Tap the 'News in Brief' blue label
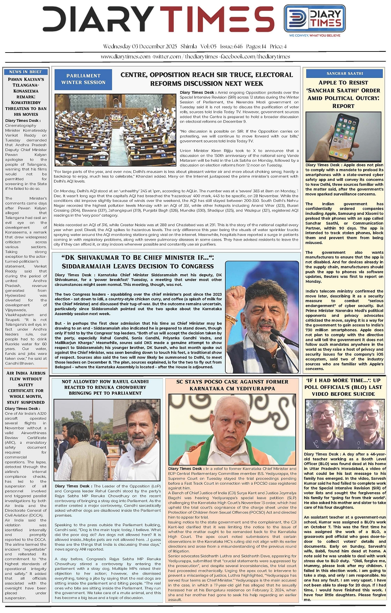pos(25,72)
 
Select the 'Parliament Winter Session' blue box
pos(83,79)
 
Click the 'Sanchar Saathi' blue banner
pos(345,73)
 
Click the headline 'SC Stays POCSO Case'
pos(232,385)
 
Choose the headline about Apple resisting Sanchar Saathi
pos(343,94)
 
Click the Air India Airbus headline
pos(26,388)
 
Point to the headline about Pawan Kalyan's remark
pos(26,97)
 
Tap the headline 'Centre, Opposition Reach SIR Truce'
pos(206,79)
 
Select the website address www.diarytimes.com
pos(126,57)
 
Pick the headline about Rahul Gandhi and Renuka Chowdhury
pos(105,387)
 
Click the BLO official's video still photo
pos(344,424)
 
